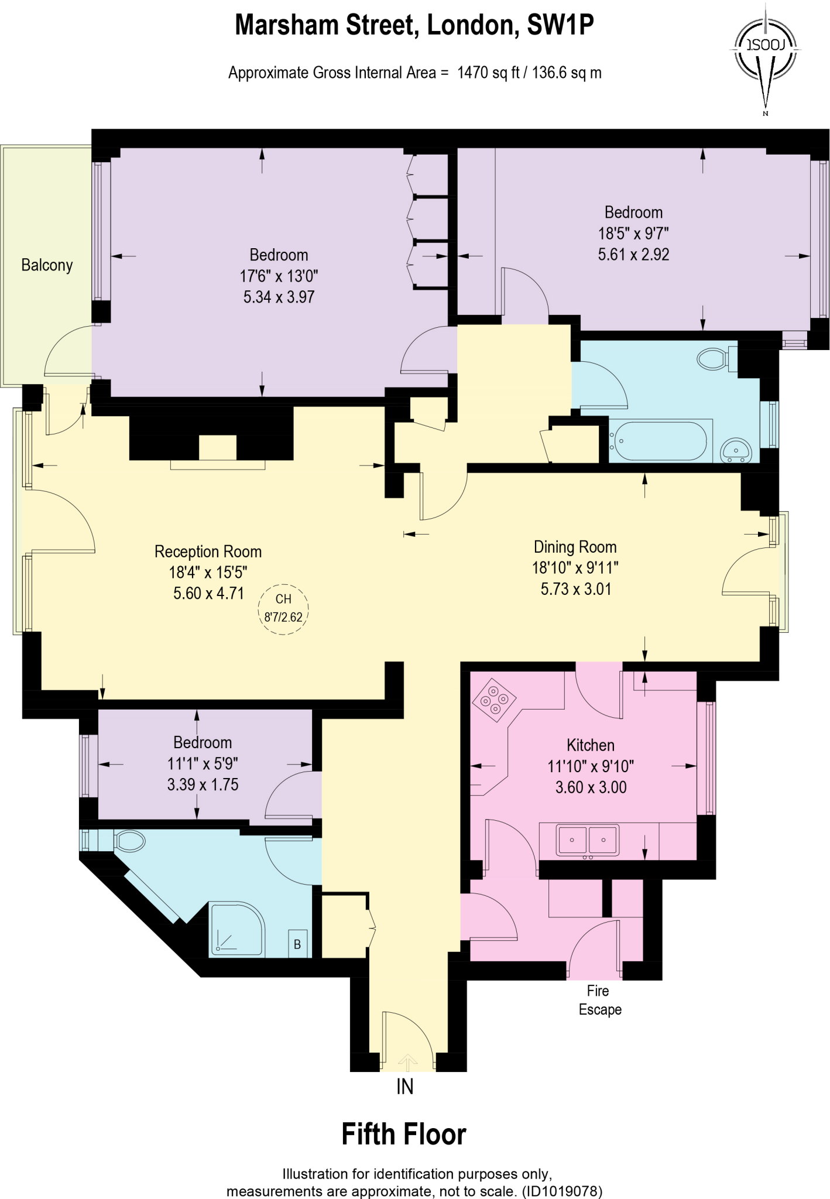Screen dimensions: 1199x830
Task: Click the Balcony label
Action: coord(47,265)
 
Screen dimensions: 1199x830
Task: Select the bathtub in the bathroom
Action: coord(660,441)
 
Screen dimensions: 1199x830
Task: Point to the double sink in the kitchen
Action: coord(587,840)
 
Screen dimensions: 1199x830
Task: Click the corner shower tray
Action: coord(236,929)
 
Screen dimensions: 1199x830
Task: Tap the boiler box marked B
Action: coord(297,944)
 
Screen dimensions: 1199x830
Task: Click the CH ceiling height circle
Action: coord(283,609)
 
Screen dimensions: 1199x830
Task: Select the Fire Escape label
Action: coord(599,1000)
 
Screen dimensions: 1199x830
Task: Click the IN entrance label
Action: coord(404,1087)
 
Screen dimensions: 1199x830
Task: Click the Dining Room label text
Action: coord(575,547)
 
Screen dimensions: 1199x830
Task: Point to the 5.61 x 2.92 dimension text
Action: coord(633,255)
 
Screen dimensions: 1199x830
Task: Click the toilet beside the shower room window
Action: coord(130,841)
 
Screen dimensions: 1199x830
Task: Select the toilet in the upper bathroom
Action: coord(714,359)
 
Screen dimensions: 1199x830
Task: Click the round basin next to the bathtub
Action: coord(736,450)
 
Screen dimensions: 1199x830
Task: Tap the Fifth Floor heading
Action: coord(403,1135)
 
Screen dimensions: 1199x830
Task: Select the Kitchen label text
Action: coord(590,745)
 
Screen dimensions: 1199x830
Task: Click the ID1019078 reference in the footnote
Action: coord(562,1191)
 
